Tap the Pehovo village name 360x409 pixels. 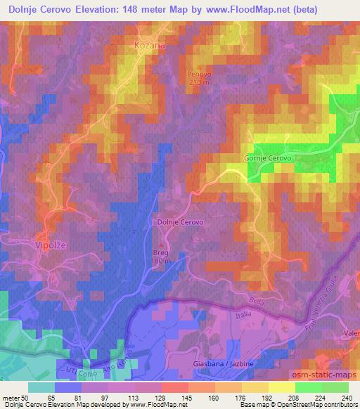click(199, 72)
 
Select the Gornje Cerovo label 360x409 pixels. click(267, 157)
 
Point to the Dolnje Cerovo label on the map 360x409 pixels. click(179, 221)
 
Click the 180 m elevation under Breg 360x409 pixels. click(162, 261)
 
